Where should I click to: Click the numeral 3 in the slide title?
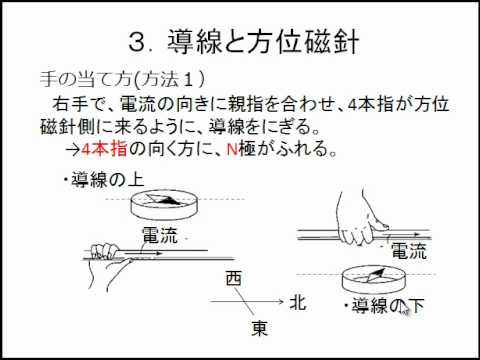coord(137,42)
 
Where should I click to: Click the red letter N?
coord(232,149)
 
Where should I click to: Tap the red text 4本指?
coord(104,149)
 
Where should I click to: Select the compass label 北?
coord(298,303)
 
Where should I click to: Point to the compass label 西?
coord(233,279)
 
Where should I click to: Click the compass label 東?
coord(260,328)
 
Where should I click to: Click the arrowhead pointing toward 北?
coord(280,302)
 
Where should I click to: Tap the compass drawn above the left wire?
coord(164,204)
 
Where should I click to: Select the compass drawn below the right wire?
coord(374,279)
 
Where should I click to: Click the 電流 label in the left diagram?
coord(160,235)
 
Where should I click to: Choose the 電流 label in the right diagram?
coord(409,251)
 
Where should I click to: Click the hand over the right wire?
coord(360,218)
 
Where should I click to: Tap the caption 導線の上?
coord(104,180)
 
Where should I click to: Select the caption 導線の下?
coord(384,305)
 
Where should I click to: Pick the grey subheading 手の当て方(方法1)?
coord(122,80)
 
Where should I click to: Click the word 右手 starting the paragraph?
coord(70,104)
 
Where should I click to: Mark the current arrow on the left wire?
coord(144,253)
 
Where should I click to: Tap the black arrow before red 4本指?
coord(73,150)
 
